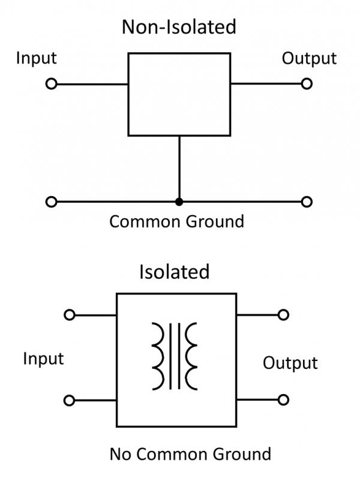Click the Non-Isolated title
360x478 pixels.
click(x=179, y=27)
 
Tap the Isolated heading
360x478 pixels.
click(x=175, y=272)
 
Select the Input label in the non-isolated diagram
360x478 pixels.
click(x=36, y=58)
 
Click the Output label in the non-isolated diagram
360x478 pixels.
click(x=309, y=58)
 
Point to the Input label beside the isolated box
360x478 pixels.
click(x=43, y=359)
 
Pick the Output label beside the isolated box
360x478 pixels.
click(x=290, y=363)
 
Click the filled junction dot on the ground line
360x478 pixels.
click(x=179, y=202)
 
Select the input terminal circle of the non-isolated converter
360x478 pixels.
click(x=51, y=84)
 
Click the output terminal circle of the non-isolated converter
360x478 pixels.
click(x=307, y=84)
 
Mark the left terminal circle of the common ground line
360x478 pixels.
click(x=51, y=202)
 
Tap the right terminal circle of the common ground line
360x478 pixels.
click(x=307, y=202)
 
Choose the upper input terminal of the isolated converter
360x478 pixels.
click(x=70, y=315)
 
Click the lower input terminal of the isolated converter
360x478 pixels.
click(x=70, y=399)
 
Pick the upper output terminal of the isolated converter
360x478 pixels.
click(x=284, y=315)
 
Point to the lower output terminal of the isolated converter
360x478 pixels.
click(x=284, y=399)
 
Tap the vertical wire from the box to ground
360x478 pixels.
click(x=179, y=168)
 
